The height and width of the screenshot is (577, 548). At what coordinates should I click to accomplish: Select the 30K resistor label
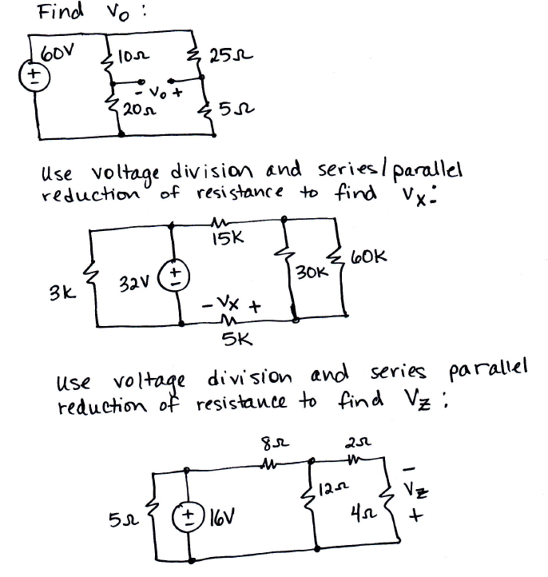coord(308,273)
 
